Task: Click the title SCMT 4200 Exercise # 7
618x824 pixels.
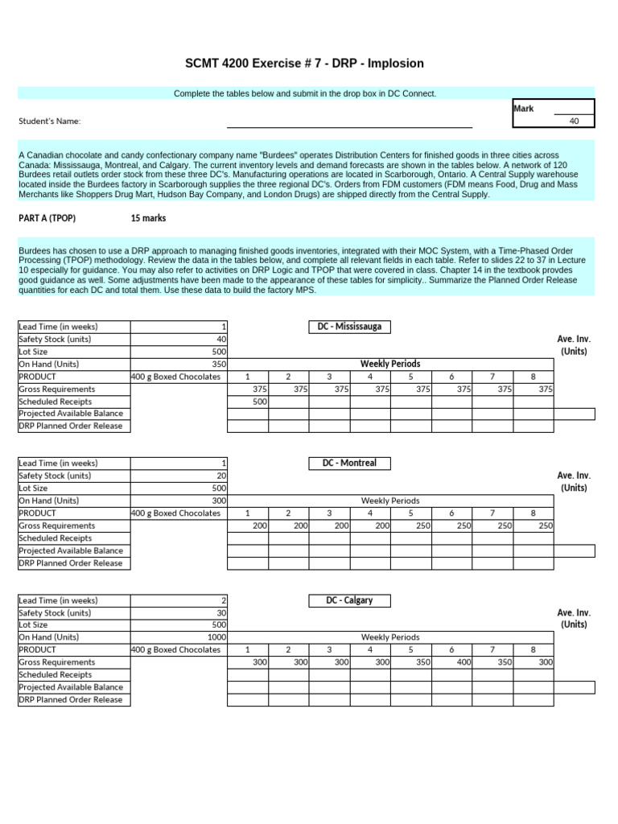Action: pos(304,64)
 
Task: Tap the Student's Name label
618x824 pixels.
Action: pos(50,122)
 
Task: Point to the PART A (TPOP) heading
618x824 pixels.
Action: pos(47,218)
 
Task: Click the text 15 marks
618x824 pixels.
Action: pos(148,218)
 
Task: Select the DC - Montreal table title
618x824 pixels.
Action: pos(349,463)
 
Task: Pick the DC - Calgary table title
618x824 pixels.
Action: pos(349,600)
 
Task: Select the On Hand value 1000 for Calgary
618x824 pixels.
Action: pos(215,637)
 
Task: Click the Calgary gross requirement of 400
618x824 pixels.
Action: pos(462,662)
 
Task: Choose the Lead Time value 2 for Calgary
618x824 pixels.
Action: pos(223,600)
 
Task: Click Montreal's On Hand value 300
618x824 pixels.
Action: pos(218,501)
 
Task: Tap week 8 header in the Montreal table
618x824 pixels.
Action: pos(533,513)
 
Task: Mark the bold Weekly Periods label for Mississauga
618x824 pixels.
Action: pos(389,364)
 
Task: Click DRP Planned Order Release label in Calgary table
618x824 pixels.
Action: pos(71,700)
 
